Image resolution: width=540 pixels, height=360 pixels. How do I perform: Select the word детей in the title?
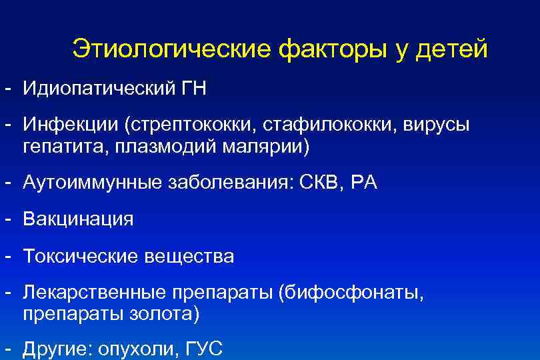tap(452, 49)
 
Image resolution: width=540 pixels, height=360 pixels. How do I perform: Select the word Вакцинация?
tap(78, 219)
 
